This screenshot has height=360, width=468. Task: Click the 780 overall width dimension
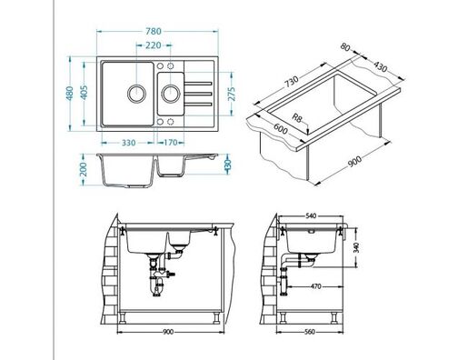tap(154, 31)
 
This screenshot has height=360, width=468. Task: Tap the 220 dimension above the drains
tap(154, 45)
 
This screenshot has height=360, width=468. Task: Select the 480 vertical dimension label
tap(70, 94)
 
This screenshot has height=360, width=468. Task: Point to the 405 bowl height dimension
tap(85, 93)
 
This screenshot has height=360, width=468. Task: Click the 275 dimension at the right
tap(232, 94)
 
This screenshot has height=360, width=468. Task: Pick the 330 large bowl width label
tap(128, 143)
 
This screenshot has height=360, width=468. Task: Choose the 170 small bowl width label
tap(170, 142)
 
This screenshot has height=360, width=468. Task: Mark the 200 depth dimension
tap(84, 169)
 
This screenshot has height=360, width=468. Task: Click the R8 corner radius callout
tap(297, 117)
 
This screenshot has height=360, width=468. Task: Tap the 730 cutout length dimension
tap(291, 82)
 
